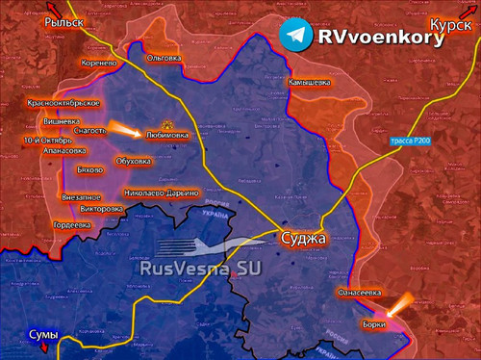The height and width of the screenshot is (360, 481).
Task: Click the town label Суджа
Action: click(x=304, y=238)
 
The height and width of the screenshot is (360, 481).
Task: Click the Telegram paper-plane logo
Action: click(x=296, y=36)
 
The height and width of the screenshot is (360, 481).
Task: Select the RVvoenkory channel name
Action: click(x=380, y=38)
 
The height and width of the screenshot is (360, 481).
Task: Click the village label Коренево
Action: click(x=100, y=62)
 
